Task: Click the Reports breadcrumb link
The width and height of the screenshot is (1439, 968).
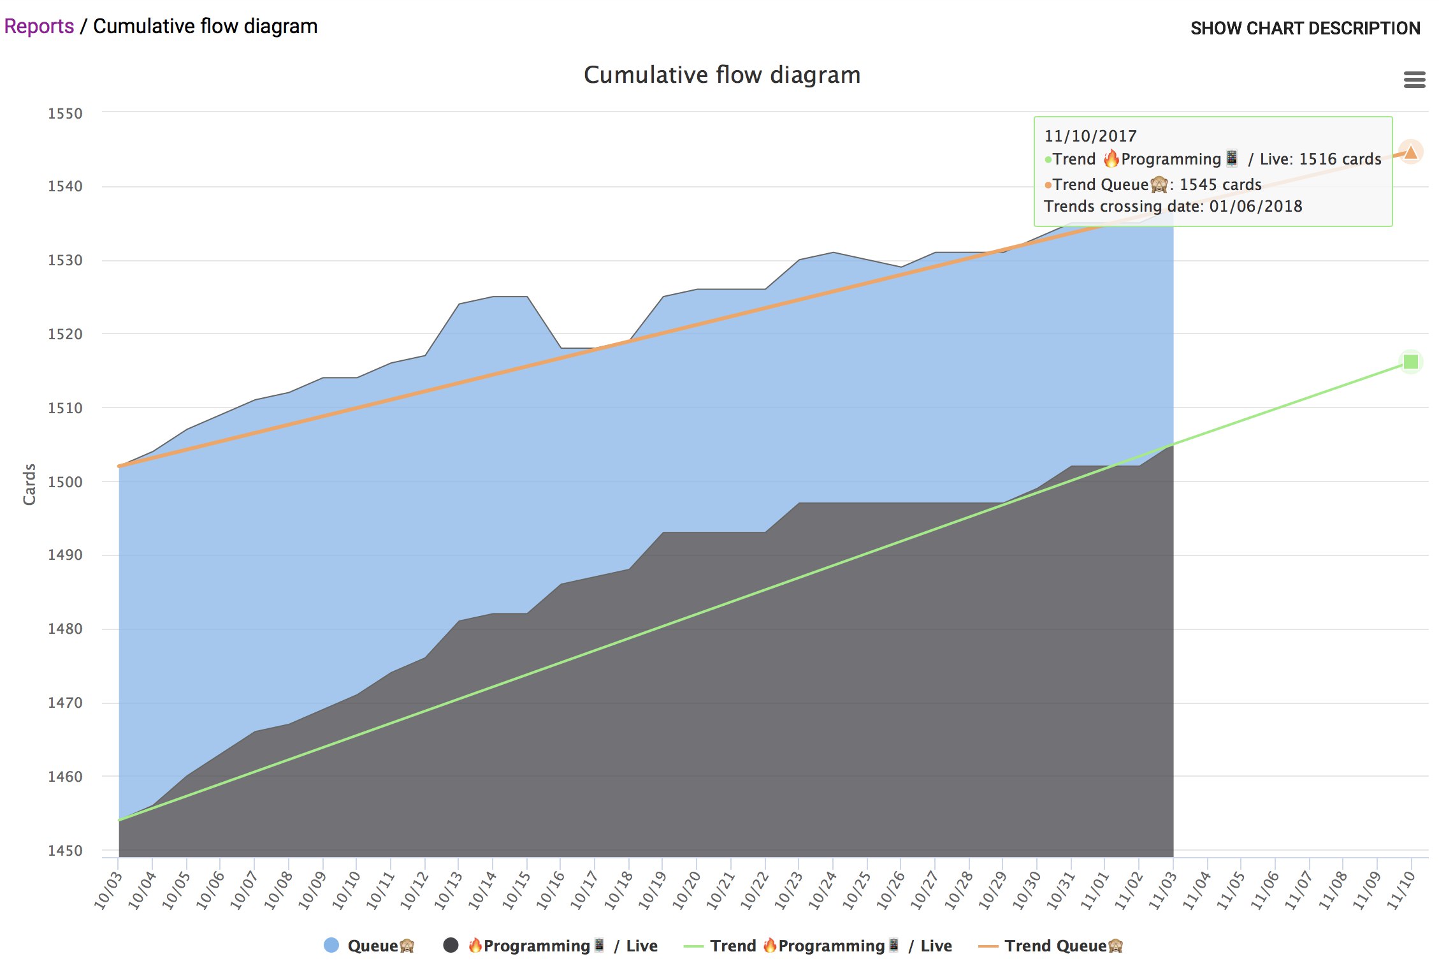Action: pos(39,26)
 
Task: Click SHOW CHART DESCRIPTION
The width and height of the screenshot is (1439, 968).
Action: pos(1305,28)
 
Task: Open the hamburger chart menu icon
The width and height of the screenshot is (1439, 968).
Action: pos(1414,80)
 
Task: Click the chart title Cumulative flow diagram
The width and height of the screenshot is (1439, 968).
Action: pos(721,75)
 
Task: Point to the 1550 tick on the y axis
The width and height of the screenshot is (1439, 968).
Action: pos(65,114)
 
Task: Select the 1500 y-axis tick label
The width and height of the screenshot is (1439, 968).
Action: pos(65,482)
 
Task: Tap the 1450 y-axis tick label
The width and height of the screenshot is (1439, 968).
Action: pos(65,851)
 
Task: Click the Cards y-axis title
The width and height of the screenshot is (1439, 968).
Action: pos(29,485)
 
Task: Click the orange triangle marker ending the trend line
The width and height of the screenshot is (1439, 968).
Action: pos(1410,152)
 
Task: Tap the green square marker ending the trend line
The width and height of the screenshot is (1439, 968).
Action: pos(1410,362)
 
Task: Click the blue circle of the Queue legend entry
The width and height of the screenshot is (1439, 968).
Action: pos(331,945)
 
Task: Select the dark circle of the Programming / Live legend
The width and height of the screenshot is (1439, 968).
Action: pos(451,945)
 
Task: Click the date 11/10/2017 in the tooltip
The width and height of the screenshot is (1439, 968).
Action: pos(1090,136)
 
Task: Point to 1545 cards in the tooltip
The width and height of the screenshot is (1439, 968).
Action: pos(1220,184)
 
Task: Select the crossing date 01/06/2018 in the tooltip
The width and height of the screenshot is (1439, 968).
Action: pos(1255,206)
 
